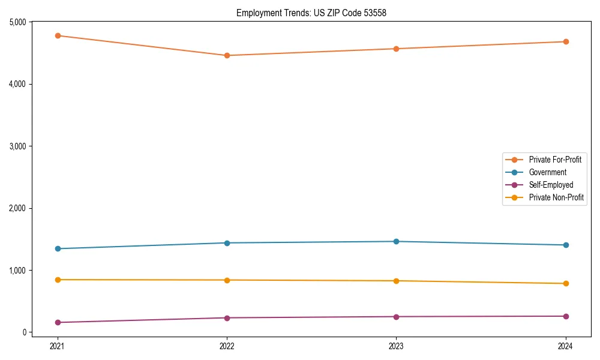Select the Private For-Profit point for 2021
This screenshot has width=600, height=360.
[x=58, y=35]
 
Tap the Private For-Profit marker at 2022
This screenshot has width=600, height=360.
[x=227, y=56]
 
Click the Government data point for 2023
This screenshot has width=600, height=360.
[x=396, y=241]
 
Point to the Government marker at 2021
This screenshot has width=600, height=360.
[x=58, y=248]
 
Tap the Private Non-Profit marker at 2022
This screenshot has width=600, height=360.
[x=227, y=280]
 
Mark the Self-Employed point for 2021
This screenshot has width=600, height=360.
[x=58, y=322]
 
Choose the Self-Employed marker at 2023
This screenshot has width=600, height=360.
[x=396, y=317]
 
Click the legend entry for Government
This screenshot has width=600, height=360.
[x=547, y=172]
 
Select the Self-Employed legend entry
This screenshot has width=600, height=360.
[x=551, y=185]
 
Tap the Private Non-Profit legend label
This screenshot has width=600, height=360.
[x=556, y=197]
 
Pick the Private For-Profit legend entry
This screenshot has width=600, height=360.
[x=555, y=160]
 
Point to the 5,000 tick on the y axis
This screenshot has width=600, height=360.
[x=17, y=22]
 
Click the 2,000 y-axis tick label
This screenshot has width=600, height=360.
[x=17, y=208]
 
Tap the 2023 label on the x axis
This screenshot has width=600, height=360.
[x=396, y=346]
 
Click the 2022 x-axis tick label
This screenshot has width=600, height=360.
[x=227, y=346]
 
